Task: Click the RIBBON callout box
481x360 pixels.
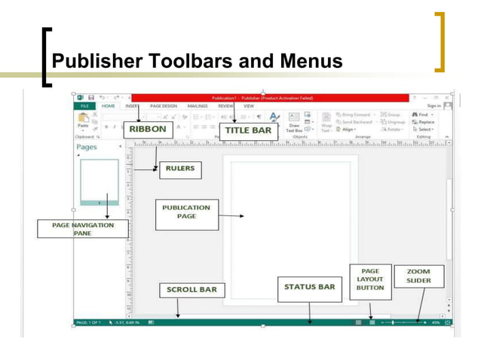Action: [148, 130]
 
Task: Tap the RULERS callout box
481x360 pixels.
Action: [180, 169]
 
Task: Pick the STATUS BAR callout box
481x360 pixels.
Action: [309, 287]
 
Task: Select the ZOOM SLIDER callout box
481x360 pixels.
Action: [418, 276]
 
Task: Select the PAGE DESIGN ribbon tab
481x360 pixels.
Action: [164, 107]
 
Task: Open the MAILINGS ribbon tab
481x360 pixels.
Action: [198, 107]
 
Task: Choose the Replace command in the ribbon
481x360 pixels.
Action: [426, 122]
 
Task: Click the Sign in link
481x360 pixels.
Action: [434, 107]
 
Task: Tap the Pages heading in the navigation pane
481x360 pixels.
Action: [88, 148]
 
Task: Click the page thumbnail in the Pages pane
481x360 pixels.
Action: [100, 182]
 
